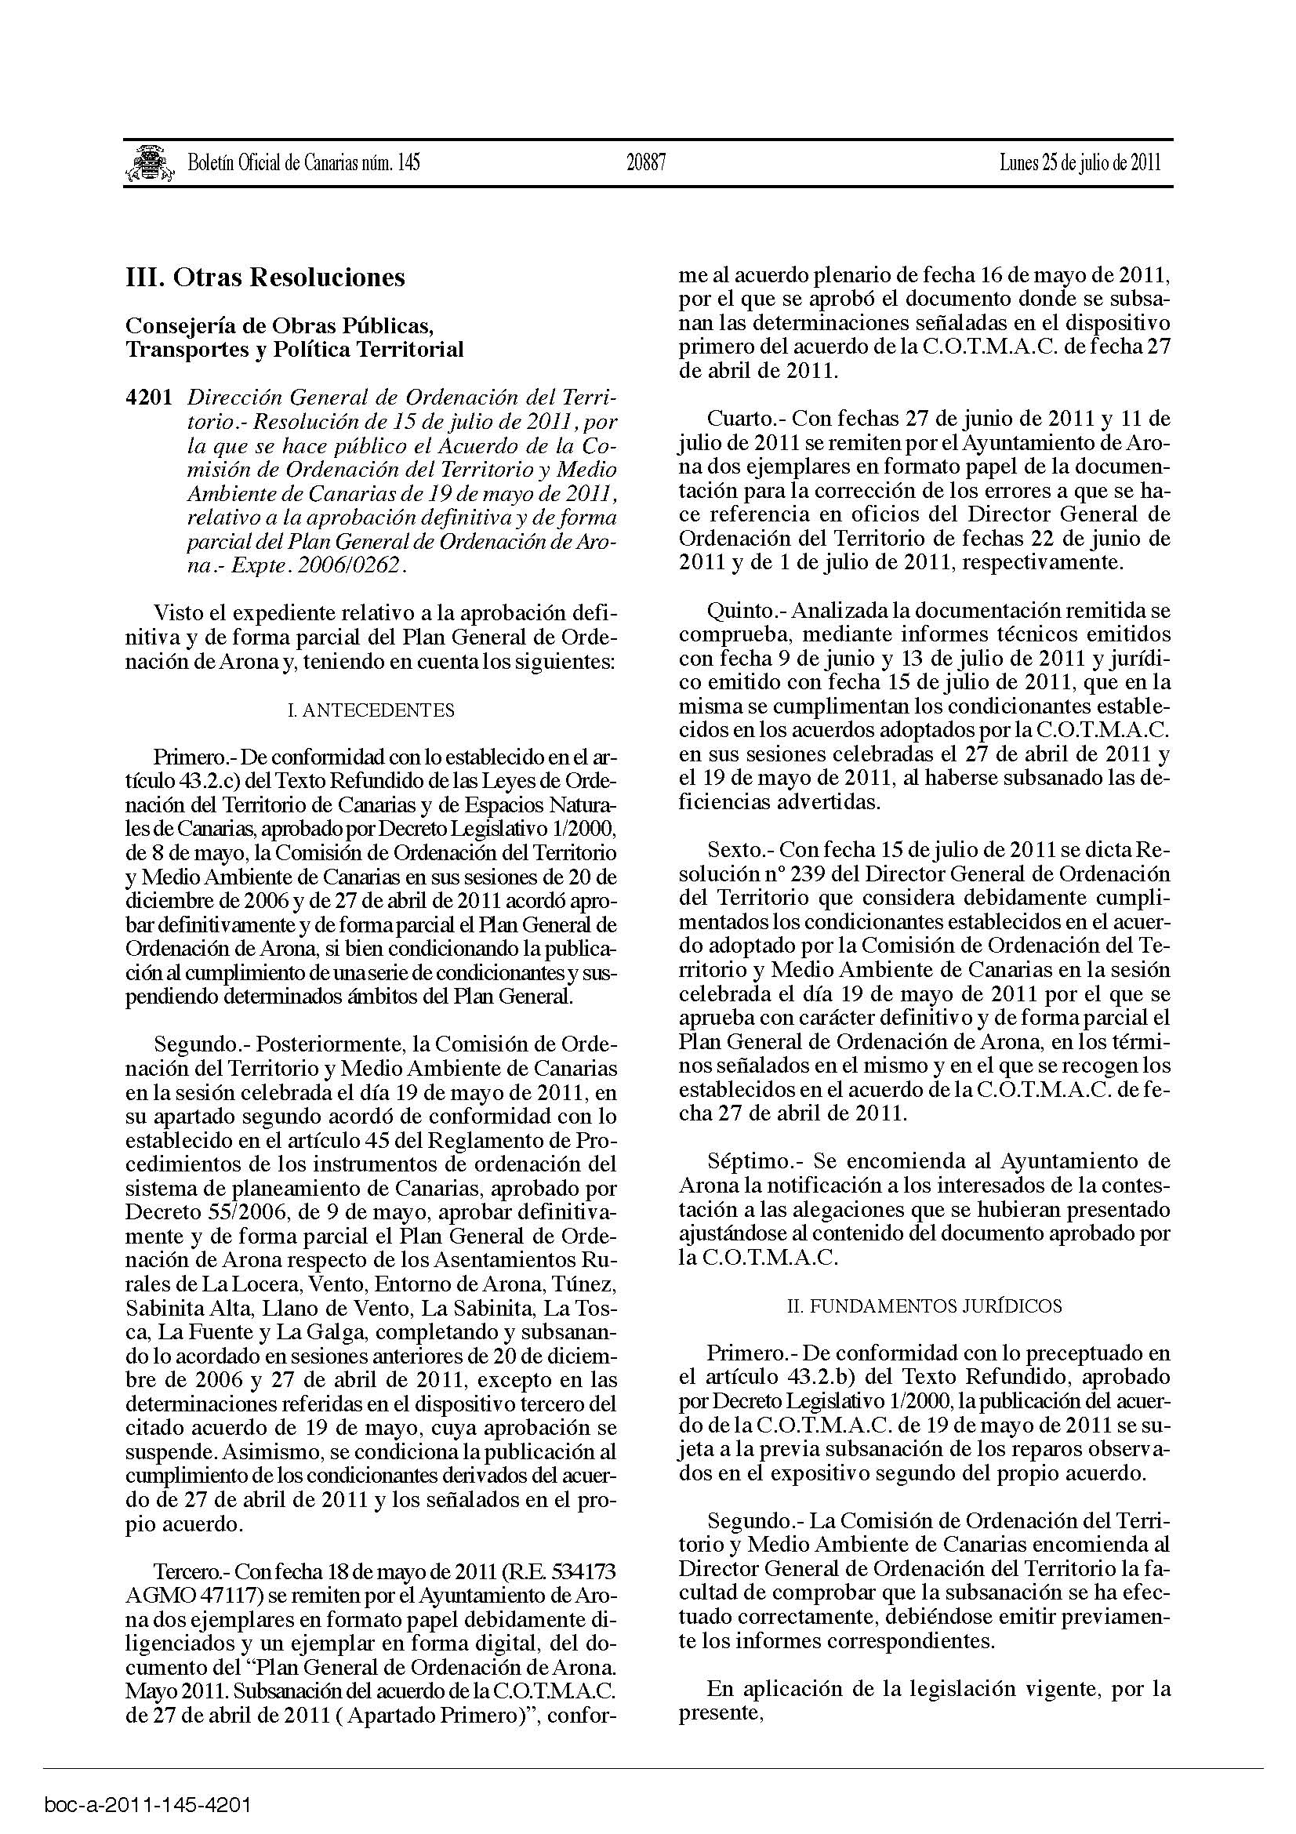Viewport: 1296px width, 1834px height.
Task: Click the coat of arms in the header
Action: coord(150,163)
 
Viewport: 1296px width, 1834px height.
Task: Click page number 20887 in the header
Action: coord(646,163)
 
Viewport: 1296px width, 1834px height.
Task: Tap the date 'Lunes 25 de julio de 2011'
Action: coord(1080,163)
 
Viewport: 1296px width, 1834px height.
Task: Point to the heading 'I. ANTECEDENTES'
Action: coord(371,710)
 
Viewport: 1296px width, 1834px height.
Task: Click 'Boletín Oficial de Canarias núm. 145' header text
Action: coord(303,163)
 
